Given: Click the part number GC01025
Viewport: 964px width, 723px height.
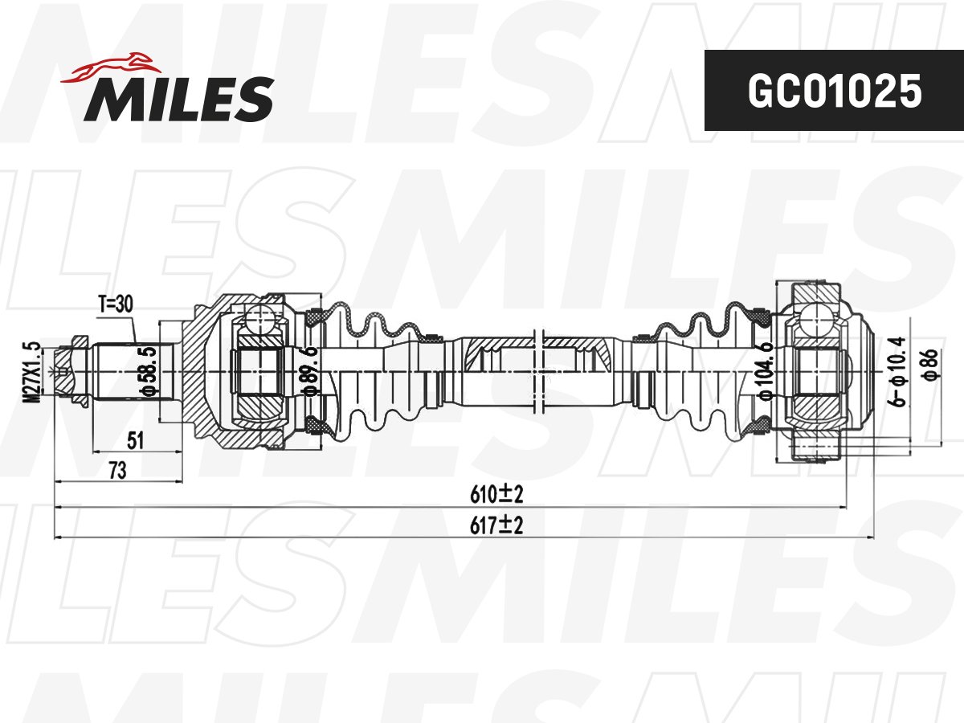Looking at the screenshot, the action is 835,91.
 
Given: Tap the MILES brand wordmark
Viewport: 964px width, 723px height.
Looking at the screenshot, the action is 179,99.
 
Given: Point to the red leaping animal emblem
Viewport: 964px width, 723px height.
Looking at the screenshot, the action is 111,68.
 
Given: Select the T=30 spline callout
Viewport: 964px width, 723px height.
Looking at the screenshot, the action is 116,304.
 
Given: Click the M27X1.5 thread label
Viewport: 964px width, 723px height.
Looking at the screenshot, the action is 32,372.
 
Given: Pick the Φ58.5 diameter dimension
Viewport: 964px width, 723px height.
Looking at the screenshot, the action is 149,371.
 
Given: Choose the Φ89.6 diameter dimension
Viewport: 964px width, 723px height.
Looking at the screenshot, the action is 311,371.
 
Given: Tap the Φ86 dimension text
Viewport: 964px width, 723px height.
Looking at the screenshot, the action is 932,363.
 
